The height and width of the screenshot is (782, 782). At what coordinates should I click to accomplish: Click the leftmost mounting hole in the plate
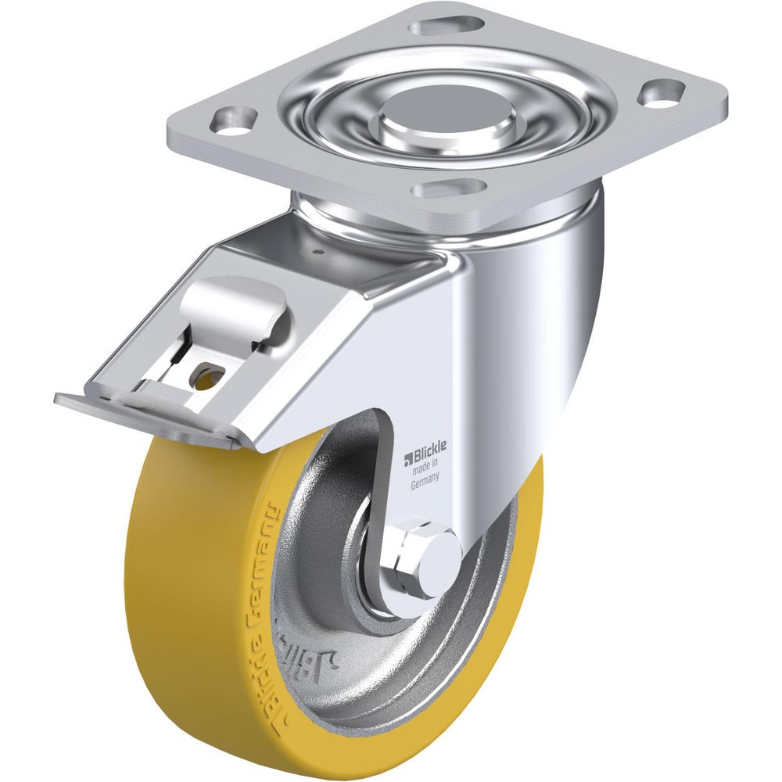[234, 121]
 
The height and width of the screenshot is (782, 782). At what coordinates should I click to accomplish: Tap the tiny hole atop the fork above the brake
[319, 252]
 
